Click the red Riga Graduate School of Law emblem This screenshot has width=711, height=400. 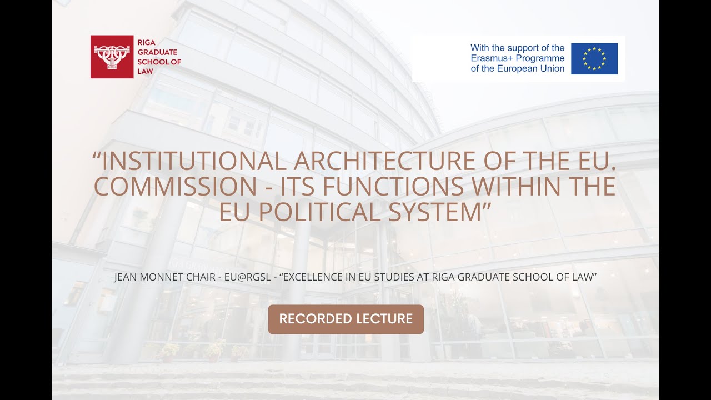click(112, 57)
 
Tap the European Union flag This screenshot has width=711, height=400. click(594, 59)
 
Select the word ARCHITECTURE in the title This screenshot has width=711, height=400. click(384, 161)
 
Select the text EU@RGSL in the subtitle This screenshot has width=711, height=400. click(248, 277)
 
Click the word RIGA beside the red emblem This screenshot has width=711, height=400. click(146, 43)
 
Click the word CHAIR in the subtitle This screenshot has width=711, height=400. click(201, 277)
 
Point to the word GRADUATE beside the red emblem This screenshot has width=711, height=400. click(157, 52)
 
